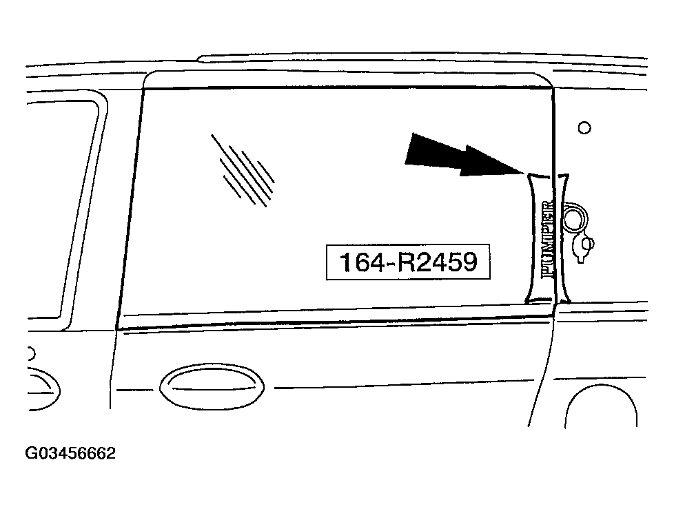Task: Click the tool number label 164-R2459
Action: [x=408, y=262]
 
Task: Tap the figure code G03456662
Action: [x=70, y=453]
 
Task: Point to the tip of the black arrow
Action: [x=524, y=173]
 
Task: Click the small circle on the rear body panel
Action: [x=584, y=127]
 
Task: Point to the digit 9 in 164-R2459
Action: [x=469, y=262]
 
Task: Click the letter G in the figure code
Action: [x=31, y=453]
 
